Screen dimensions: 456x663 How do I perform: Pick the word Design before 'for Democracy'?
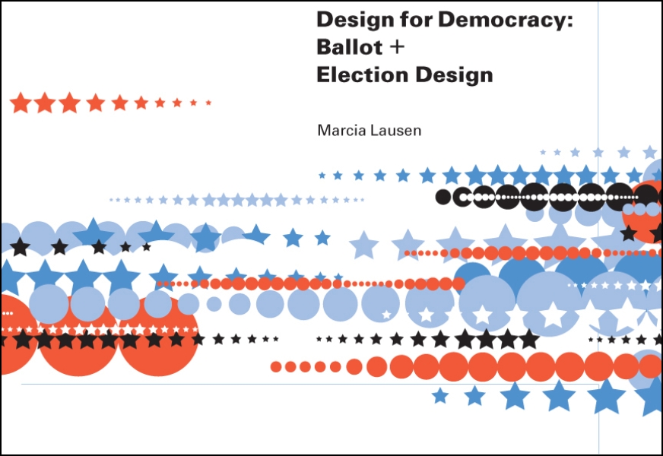pos(349,20)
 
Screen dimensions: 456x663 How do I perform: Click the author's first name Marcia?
pos(339,131)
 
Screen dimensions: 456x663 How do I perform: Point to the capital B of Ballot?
pos(323,47)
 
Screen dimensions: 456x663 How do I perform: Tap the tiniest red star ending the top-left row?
pos(208,102)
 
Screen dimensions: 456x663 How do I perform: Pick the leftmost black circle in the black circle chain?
pos(443,198)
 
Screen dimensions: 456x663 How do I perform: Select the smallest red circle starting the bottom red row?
pos(276,367)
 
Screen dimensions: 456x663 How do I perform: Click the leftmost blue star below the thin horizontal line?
pos(439,395)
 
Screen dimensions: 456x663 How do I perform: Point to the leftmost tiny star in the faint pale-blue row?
pos(112,200)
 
